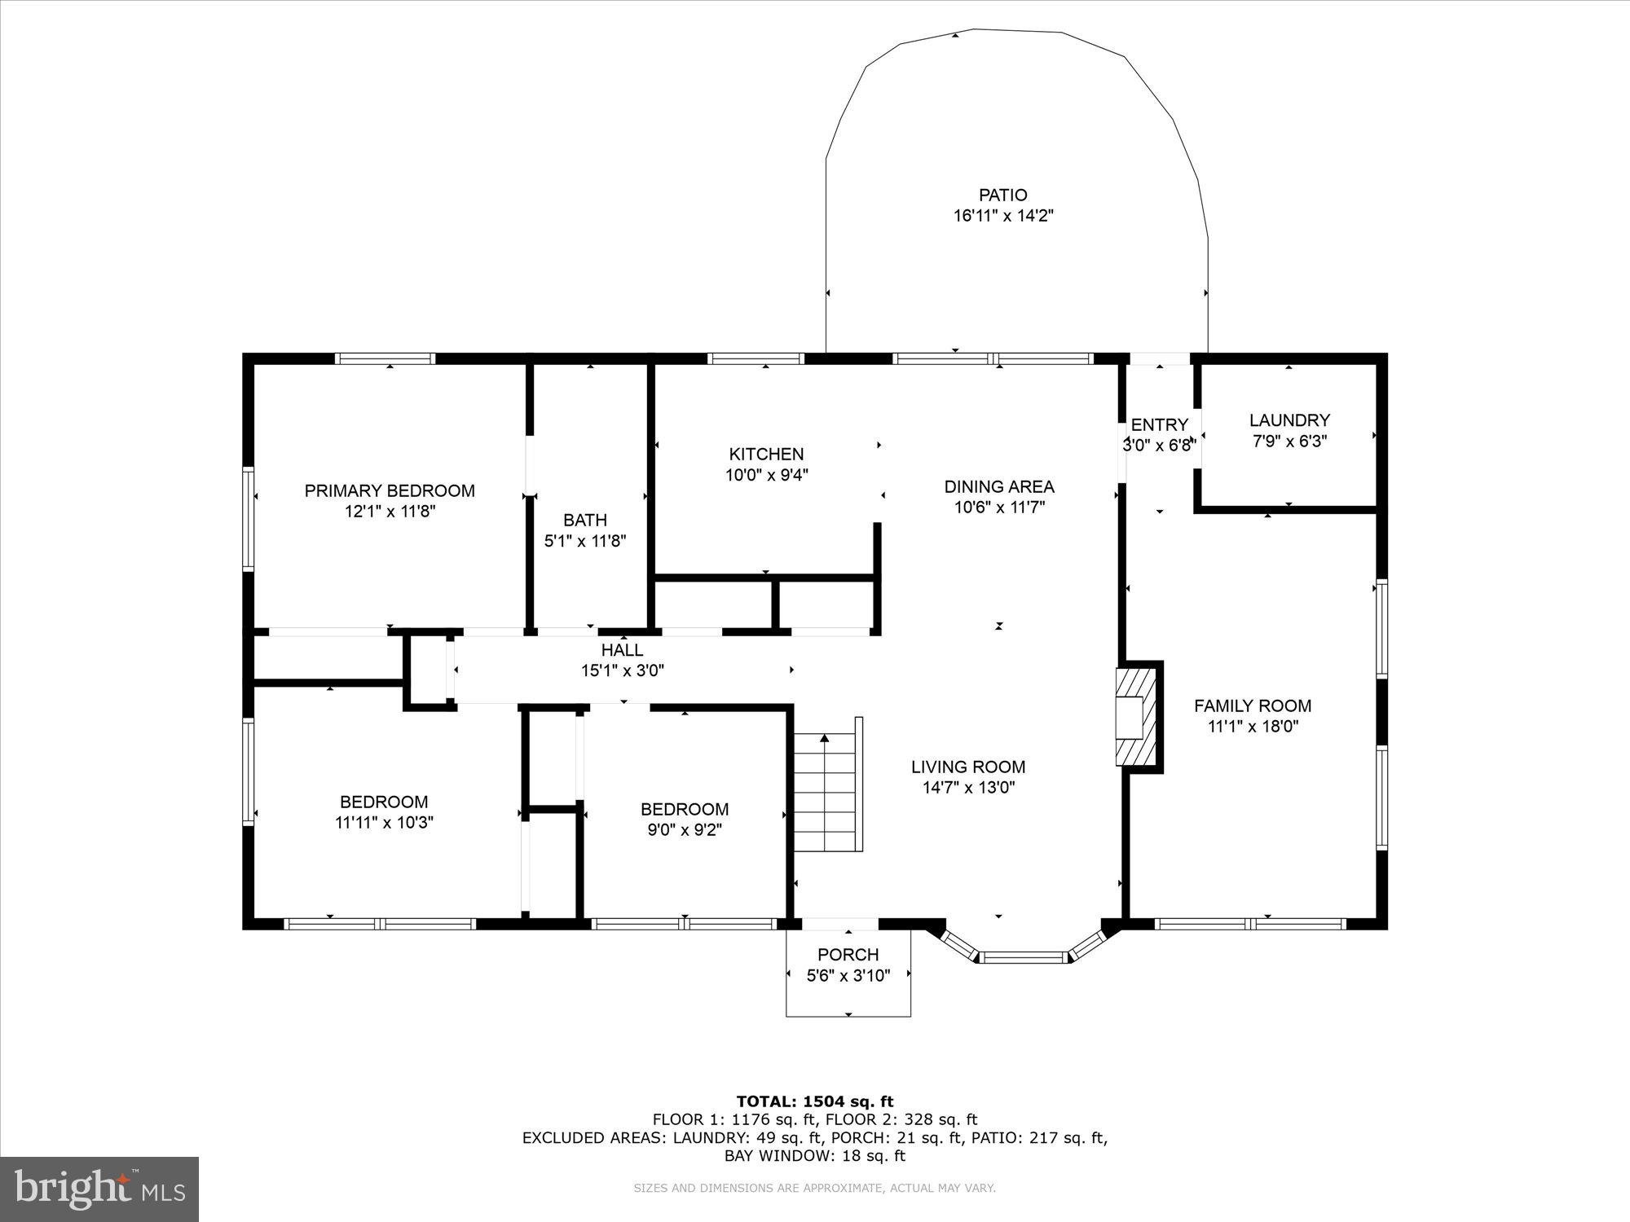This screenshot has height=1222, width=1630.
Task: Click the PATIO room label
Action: point(1002,196)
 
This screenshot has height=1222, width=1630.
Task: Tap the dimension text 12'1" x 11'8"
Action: point(390,512)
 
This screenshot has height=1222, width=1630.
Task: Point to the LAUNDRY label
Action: point(1289,420)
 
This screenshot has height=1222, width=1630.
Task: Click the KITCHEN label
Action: point(766,455)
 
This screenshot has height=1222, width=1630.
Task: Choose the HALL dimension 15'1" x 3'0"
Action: point(623,671)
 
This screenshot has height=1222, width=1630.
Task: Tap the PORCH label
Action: point(848,955)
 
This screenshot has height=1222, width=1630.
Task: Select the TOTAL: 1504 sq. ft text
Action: point(815,1102)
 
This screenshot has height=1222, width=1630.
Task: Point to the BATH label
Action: point(584,520)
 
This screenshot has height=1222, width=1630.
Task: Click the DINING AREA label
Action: point(999,487)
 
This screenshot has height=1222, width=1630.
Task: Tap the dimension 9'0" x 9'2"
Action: point(685,830)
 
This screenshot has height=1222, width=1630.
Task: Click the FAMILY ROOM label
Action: point(1253,706)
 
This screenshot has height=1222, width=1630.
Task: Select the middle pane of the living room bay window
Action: point(1023,957)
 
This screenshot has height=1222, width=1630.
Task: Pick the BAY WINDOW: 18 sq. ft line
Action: point(815,1156)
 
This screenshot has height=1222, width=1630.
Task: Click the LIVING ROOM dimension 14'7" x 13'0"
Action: point(968,788)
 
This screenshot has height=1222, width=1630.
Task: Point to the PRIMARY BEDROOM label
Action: point(390,490)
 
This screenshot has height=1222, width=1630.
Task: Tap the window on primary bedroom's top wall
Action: point(385,358)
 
